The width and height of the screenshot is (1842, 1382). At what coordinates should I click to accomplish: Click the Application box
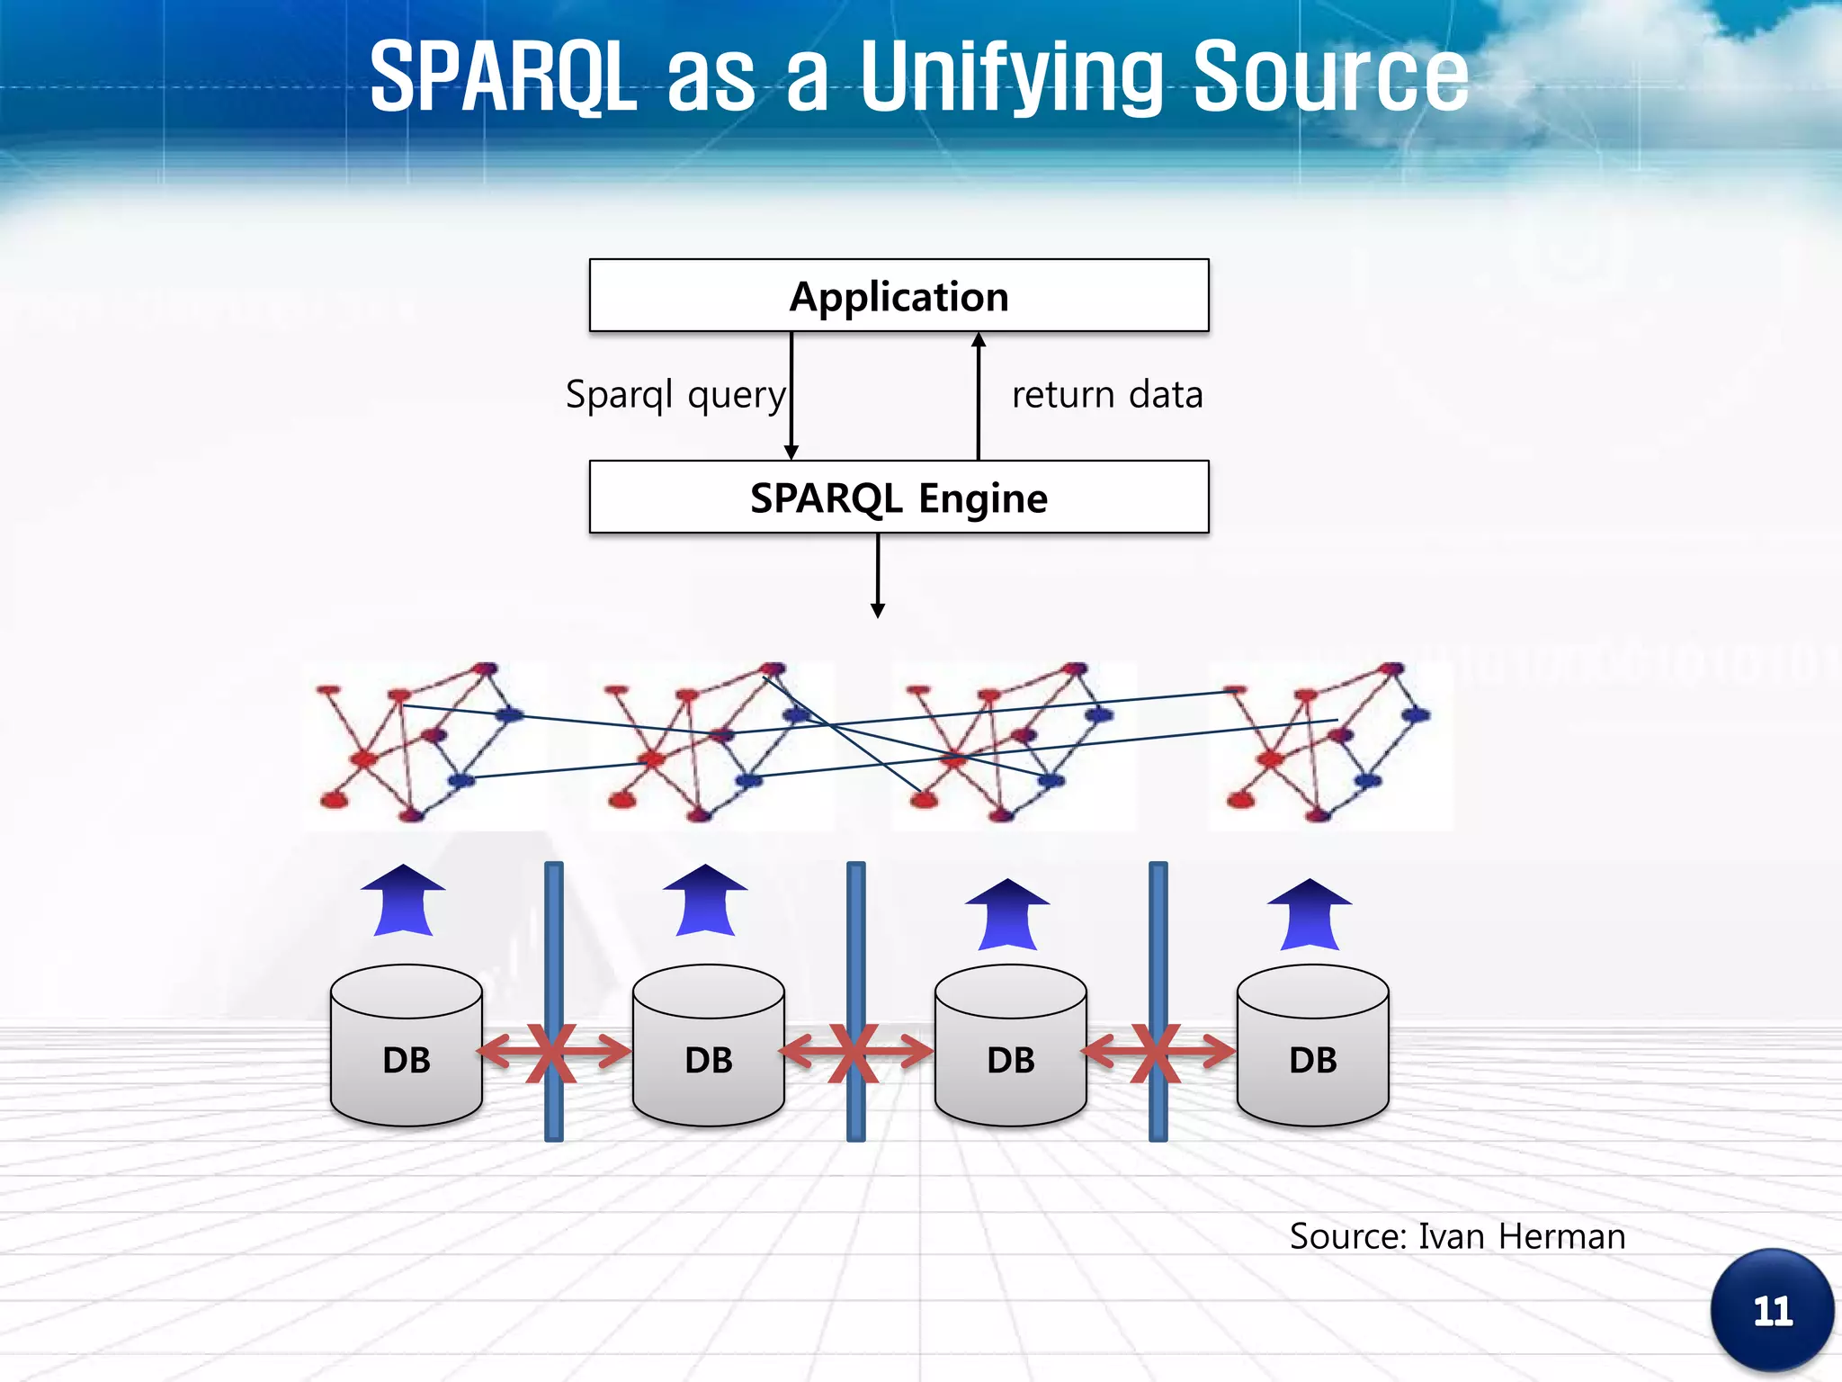click(899, 296)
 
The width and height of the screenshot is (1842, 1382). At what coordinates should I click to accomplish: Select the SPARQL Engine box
click(899, 498)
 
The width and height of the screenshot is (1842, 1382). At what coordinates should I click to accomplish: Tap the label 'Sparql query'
click(675, 395)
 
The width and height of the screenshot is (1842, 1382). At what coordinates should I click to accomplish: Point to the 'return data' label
click(1107, 395)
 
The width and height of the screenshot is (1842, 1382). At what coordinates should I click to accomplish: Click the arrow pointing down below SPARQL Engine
click(878, 576)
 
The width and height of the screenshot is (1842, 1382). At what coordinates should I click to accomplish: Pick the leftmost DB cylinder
click(407, 1045)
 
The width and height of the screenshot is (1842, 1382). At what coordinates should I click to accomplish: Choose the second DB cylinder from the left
click(709, 1045)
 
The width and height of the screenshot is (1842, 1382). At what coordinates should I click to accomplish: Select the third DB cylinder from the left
click(1011, 1045)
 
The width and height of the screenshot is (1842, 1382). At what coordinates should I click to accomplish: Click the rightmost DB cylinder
click(1313, 1045)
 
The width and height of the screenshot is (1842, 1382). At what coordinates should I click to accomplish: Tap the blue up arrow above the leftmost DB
click(403, 901)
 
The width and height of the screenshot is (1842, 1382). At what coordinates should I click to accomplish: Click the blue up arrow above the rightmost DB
click(1310, 914)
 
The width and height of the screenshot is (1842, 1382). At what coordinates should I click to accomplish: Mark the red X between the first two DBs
click(551, 1052)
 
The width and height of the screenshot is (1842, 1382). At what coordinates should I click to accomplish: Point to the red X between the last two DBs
click(1156, 1052)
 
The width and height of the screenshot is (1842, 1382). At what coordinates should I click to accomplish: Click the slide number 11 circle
click(1772, 1311)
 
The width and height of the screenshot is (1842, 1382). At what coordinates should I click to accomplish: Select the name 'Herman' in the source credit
click(1562, 1237)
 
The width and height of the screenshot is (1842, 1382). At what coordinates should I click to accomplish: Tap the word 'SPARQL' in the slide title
click(504, 78)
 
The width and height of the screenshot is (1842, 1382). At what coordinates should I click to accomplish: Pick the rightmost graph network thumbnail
click(1329, 745)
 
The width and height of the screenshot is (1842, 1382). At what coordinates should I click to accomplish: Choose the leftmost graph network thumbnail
click(423, 745)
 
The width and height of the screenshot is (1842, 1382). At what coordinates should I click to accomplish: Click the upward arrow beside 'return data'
click(979, 396)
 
